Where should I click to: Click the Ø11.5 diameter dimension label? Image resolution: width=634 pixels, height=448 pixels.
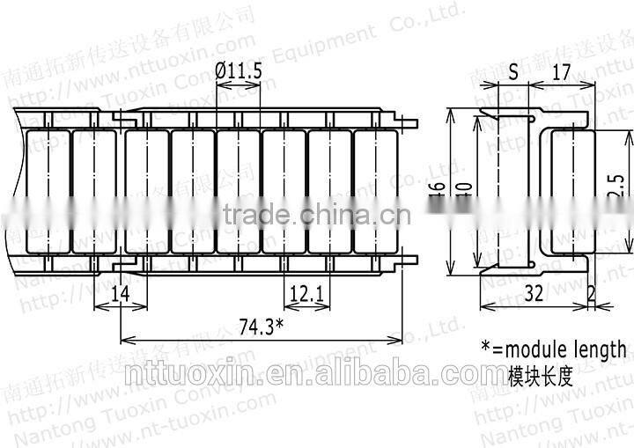[239, 73]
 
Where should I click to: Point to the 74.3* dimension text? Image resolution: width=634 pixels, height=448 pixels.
[262, 327]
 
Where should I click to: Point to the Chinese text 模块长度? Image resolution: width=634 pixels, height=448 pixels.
[540, 377]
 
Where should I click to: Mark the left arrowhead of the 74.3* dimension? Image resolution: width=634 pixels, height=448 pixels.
[124, 341]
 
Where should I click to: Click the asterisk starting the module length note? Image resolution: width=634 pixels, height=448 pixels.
[485, 345]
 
